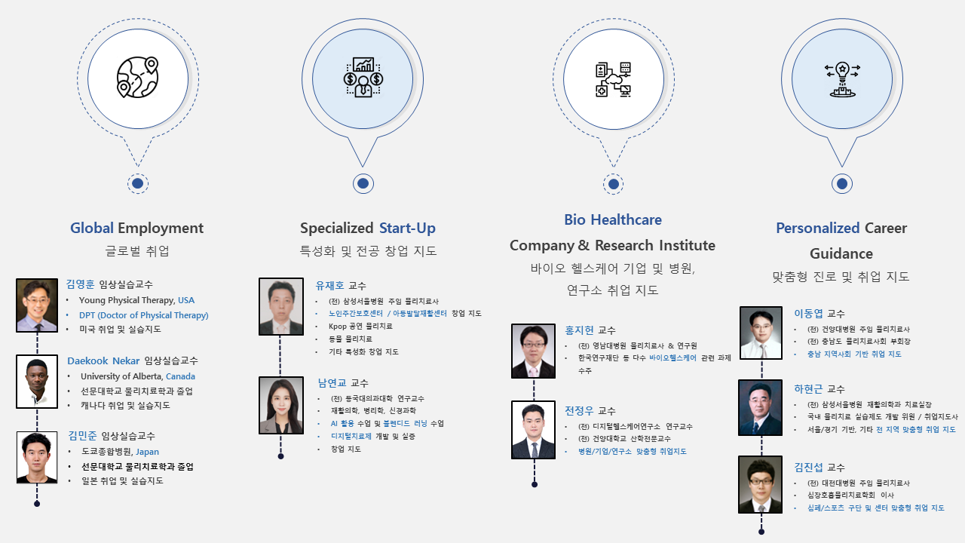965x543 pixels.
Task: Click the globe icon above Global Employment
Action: [137, 78]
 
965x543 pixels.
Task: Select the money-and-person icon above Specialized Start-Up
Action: [363, 78]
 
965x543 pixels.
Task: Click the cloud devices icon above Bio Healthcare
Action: [614, 79]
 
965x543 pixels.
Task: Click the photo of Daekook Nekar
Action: [37, 382]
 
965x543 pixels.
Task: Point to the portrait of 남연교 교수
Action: [281, 405]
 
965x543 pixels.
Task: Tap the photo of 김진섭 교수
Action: [761, 485]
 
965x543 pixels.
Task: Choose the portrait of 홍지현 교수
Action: [533, 351]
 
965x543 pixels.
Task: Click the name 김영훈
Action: [81, 284]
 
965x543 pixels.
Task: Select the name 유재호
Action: [330, 286]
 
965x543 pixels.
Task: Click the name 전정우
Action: [580, 411]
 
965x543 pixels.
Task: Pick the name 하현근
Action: [809, 389]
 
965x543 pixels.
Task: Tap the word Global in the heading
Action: [92, 228]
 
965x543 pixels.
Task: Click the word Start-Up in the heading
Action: [407, 228]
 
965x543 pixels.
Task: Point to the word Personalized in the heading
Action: [818, 228]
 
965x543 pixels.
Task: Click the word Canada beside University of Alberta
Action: [180, 376]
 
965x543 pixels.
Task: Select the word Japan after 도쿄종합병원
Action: [147, 452]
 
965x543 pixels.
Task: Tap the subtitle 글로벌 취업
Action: [137, 251]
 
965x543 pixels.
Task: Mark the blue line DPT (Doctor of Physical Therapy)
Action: [143, 315]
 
